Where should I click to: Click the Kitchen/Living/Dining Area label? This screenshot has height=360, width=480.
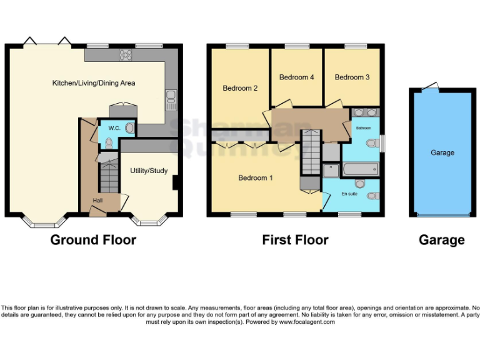(x=94, y=83)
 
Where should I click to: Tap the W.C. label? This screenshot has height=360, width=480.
(x=114, y=128)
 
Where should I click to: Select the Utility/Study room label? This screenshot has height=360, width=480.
(x=149, y=171)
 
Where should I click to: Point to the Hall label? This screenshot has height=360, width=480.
(x=98, y=200)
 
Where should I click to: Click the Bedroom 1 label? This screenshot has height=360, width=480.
(x=256, y=178)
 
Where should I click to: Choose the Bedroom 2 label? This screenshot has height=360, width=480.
(x=240, y=88)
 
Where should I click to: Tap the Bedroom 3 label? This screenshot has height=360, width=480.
(x=352, y=77)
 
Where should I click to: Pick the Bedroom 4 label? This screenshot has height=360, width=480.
(x=296, y=77)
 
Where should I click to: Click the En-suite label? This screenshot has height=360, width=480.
(x=349, y=194)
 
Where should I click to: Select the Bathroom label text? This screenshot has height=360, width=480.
(x=364, y=128)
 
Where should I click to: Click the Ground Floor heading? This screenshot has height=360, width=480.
(x=93, y=240)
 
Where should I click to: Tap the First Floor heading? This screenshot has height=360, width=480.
(x=295, y=240)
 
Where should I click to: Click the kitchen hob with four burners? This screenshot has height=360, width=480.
(x=126, y=54)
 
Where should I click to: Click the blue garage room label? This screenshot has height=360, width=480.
(x=442, y=152)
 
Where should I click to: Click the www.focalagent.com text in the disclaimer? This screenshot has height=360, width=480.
(x=307, y=322)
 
